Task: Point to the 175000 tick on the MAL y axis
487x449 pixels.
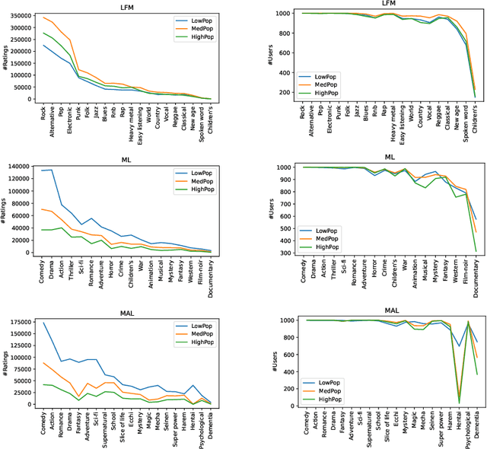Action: (x=18, y=323)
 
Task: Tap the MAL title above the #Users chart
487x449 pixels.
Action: (x=391, y=310)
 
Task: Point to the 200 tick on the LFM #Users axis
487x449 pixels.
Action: (x=290, y=93)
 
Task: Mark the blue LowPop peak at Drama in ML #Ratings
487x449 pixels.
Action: (x=51, y=170)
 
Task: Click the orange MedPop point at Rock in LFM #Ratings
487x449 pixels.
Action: (x=44, y=18)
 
